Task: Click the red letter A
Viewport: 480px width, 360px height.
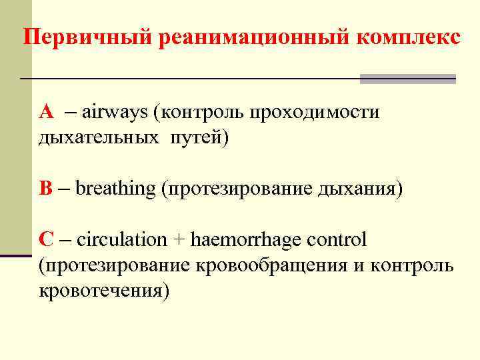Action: click(46, 111)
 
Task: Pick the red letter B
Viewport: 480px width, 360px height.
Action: click(45, 188)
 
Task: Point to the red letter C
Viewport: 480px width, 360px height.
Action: click(46, 239)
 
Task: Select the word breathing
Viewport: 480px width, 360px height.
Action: click(115, 189)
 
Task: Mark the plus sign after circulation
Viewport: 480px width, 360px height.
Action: click(180, 239)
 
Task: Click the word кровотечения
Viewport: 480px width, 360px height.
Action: click(103, 291)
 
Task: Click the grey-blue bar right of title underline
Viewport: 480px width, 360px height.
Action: click(407, 79)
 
